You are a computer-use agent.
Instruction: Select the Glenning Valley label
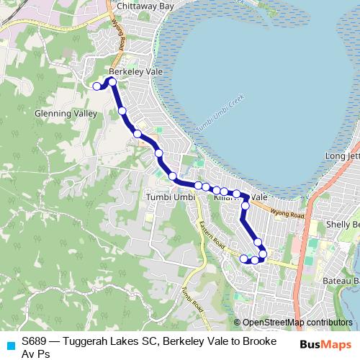click(x=66, y=114)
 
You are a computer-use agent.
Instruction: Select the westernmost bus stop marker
click(x=96, y=86)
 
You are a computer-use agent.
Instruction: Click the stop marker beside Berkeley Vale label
click(x=112, y=81)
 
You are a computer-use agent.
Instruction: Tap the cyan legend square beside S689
click(x=10, y=345)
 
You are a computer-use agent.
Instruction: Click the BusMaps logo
click(x=325, y=345)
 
